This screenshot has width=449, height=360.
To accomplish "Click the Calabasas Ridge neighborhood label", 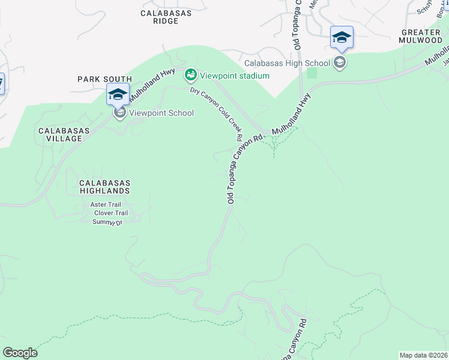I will point(160,17).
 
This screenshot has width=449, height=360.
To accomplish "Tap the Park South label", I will point(104,79).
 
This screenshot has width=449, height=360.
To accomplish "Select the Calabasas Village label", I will point(60,134).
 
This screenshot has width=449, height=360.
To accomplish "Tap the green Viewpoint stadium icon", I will point(191,75).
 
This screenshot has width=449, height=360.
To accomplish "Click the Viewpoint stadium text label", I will point(235,76).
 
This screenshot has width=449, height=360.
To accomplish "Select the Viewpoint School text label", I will point(160,113).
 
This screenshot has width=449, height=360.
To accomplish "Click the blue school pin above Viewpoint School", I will point(118,94).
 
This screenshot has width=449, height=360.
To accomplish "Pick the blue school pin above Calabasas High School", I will point(342,38).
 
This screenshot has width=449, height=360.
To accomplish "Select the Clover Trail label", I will point(110,213).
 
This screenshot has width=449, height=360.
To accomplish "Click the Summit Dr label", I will point(107,222).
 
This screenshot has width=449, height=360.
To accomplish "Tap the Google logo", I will point(20,353).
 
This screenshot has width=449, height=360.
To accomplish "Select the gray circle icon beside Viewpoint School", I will point(119,113).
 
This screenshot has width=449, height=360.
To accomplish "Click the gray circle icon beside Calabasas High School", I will point(340,62).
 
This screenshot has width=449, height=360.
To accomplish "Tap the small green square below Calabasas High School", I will point(312,73).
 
